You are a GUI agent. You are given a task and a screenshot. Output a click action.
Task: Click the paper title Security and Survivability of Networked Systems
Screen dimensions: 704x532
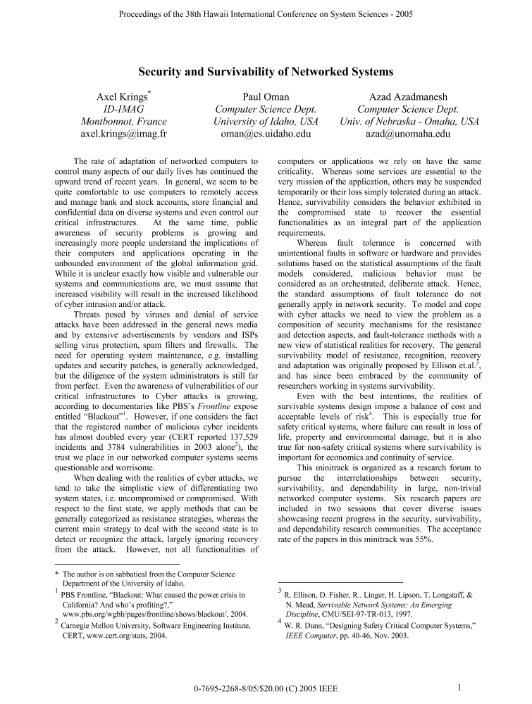265,72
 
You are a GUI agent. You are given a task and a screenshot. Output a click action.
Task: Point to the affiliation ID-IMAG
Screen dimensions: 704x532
123,109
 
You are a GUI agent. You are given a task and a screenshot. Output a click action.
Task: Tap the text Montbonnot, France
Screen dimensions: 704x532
123,121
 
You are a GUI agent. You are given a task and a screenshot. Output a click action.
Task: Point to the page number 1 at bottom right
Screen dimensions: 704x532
459,688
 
